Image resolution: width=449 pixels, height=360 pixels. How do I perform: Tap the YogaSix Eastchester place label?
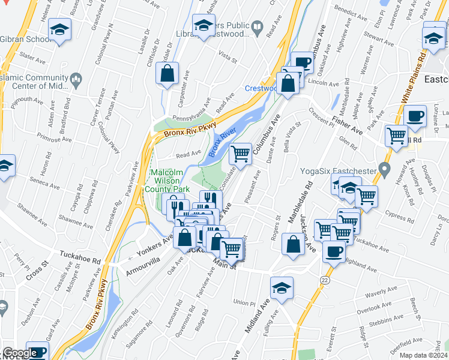339,171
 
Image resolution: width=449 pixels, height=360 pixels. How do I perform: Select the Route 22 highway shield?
325,280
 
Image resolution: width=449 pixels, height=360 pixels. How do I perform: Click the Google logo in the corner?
20,353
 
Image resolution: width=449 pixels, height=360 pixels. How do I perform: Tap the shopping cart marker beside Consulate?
241,154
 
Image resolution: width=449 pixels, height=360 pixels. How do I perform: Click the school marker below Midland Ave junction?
282,288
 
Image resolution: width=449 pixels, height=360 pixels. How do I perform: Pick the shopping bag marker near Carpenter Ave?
167,74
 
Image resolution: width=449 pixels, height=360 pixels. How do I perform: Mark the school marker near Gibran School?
59,30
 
